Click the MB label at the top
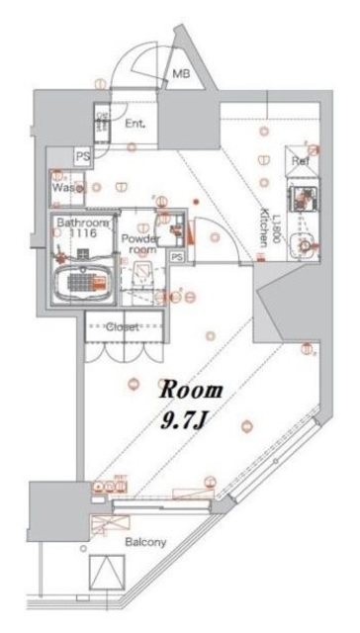pyautogui.click(x=182, y=74)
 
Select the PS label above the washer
pyautogui.click(x=83, y=156)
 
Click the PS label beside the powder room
pyautogui.click(x=177, y=256)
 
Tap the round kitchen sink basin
pyautogui.click(x=305, y=242)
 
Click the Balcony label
pyautogui.click(x=144, y=542)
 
